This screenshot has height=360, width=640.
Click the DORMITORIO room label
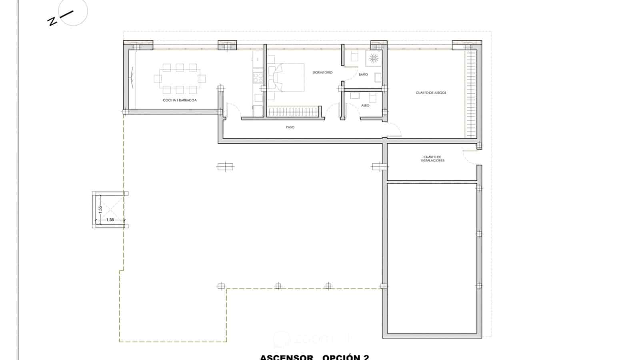[322, 72]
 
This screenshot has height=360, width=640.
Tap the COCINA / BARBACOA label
[180, 100]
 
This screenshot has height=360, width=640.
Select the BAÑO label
[363, 75]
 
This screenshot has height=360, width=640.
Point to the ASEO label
[365, 105]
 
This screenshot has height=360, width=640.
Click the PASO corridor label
[290, 127]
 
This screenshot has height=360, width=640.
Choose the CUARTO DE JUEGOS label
[431, 93]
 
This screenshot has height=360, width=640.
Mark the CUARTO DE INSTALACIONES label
[432, 159]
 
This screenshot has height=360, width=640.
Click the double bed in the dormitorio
[288, 78]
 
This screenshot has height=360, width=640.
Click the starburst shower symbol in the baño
[373, 58]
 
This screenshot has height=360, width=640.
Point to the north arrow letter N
[52, 21]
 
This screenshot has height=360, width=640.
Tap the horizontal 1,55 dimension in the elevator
[110, 220]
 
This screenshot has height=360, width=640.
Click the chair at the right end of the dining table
[202, 78]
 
